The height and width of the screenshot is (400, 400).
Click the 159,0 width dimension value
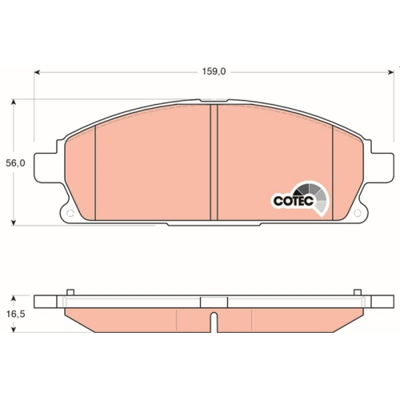coord(214,71)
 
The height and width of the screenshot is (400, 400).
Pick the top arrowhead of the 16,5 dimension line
coord(14,297)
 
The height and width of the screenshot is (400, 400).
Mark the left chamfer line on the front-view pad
coord(95,173)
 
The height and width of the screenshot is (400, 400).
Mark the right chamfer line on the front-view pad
coord(332,173)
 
